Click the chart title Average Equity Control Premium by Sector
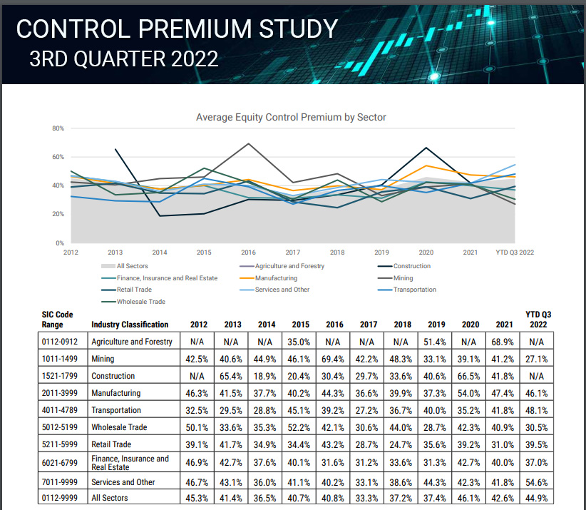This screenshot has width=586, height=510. [291, 117]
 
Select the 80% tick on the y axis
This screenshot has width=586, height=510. [58, 128]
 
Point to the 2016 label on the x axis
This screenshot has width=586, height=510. [248, 253]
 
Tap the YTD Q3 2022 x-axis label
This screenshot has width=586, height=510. [515, 253]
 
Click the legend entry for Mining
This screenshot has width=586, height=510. [403, 278]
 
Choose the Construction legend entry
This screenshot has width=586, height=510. [411, 266]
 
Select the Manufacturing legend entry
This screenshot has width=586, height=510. [277, 278]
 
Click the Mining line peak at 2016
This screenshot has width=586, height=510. [248, 143]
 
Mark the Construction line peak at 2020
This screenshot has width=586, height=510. [426, 148]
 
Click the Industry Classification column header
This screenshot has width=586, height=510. [130, 325]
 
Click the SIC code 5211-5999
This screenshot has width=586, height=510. [63, 445]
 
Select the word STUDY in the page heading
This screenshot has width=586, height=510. [293, 29]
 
